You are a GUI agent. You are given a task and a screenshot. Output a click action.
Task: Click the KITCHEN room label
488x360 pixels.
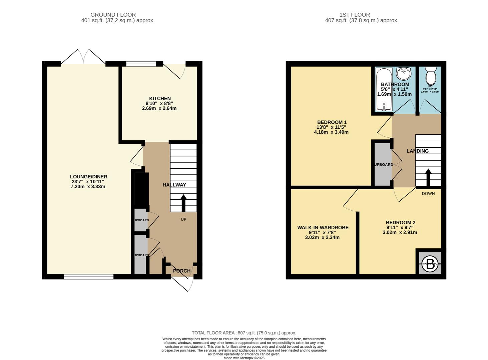160,98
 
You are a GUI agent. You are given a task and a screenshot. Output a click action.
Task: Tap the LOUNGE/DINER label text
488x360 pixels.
88,177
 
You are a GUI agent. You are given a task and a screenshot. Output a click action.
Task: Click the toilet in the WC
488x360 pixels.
431,76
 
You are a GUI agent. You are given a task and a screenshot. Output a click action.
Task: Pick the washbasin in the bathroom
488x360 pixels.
403,73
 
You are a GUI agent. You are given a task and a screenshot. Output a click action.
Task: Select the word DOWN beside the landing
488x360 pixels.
428,193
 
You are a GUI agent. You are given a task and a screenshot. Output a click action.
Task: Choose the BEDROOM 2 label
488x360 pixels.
400,223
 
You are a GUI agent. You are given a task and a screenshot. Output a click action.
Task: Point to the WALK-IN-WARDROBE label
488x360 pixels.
323,228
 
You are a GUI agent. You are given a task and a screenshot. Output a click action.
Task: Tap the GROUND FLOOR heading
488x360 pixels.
113,15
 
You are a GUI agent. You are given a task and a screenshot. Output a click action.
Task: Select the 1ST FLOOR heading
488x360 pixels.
355,15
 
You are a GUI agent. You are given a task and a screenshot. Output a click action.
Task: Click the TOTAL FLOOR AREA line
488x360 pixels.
244,333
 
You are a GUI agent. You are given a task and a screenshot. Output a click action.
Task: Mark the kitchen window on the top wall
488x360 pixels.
141,64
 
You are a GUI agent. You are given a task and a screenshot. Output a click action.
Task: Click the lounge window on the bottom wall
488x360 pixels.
88,276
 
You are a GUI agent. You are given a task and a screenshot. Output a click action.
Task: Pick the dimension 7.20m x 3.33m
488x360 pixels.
88,187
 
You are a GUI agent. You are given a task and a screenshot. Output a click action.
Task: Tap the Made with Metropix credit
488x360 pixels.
244,358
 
